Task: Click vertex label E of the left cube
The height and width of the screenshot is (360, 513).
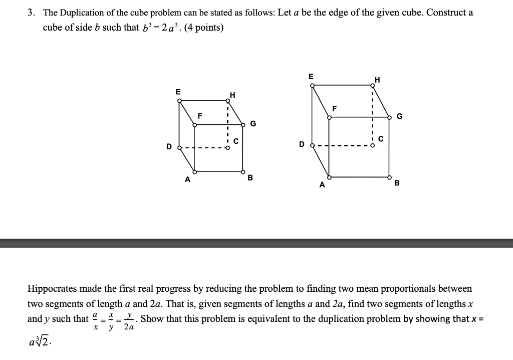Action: click(178, 92)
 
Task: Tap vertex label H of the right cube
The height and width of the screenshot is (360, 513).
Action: click(377, 80)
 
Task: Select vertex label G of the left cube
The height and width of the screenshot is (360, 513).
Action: click(253, 123)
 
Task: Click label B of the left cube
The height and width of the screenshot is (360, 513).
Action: click(250, 177)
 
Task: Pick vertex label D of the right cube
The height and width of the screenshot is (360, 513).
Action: click(302, 144)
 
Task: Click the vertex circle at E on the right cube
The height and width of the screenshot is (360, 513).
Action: click(312, 86)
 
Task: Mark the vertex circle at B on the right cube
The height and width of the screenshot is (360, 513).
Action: click(390, 177)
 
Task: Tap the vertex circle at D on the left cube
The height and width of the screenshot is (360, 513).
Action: click(179, 147)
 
